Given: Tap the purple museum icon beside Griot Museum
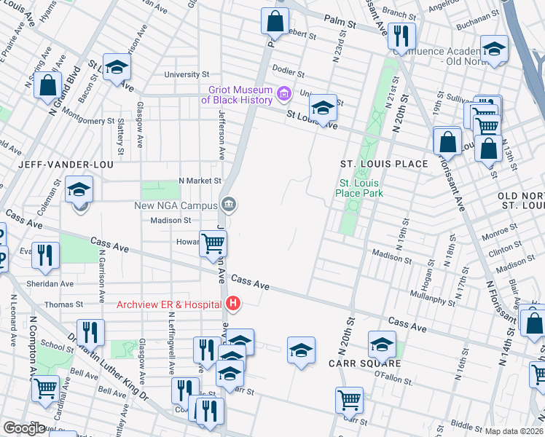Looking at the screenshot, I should click(283, 92).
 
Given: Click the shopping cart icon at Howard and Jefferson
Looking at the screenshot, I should click(213, 244).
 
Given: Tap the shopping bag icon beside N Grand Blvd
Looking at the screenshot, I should click(47, 84).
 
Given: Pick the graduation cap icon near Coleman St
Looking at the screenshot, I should click(79, 190).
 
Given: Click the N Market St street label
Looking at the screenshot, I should click(200, 180).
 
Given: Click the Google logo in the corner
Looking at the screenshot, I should click(24, 428).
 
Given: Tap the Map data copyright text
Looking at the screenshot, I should click(514, 431).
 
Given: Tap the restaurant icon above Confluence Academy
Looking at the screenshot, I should click(401, 34).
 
